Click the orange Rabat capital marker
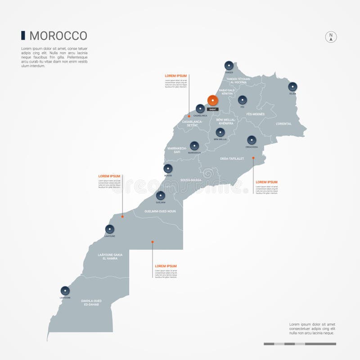(x=212, y=100)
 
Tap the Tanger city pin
(x=229, y=65)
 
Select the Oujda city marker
(x=292, y=86)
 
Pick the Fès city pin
(x=243, y=100)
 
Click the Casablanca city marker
(x=200, y=108)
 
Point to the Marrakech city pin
(x=194, y=146)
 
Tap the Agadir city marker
(x=168, y=168)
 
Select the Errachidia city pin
(x=252, y=140)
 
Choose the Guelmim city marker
(x=161, y=195)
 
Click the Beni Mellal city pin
(x=220, y=132)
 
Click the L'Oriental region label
(x=284, y=124)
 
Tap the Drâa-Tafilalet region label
(x=232, y=158)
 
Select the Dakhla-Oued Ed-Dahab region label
(x=91, y=303)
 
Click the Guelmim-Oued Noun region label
(x=160, y=211)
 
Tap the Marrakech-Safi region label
(x=177, y=150)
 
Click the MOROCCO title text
(x=58, y=36)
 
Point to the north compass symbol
(x=331, y=37)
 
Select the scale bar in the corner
(x=300, y=344)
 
